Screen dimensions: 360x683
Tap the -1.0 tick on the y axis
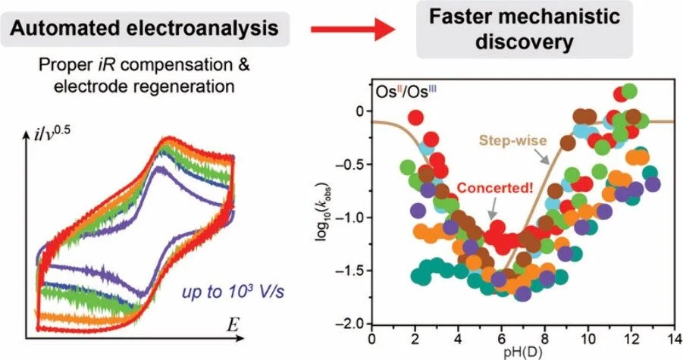(x=357, y=218)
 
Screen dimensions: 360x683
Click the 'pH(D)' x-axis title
(x=522, y=351)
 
